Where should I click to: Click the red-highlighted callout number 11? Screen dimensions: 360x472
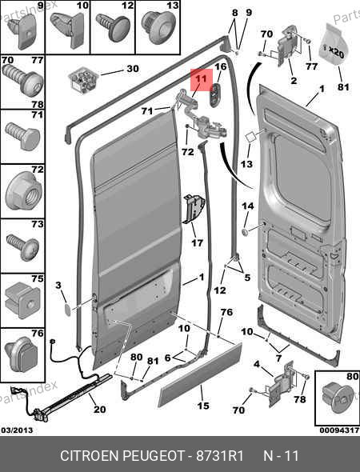tap(201, 79)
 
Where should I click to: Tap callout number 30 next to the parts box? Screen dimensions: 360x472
tap(133, 69)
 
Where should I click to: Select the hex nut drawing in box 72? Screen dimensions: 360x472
tap(23, 192)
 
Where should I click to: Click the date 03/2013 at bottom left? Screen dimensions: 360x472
tap(17, 430)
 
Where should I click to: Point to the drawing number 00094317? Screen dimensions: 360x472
tap(339, 430)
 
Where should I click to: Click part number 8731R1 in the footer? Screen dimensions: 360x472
tap(220, 456)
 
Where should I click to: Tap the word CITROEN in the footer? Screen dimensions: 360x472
tap(90, 456)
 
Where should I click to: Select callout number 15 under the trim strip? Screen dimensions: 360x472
tap(203, 406)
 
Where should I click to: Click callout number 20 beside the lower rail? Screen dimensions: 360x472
tap(100, 409)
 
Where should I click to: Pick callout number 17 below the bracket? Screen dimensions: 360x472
tap(198, 242)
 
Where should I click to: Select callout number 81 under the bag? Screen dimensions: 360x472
tap(343, 87)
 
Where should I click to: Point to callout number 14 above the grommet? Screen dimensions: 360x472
tap(248, 206)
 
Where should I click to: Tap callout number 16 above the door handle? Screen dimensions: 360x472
tap(221, 66)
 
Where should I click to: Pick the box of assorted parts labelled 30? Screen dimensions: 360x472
tap(82, 79)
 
